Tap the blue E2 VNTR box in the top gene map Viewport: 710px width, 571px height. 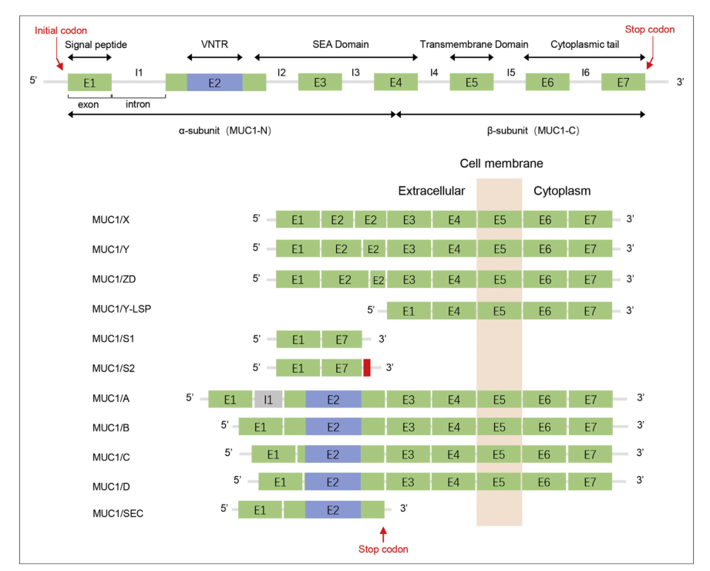214,82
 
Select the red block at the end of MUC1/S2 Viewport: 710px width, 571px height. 367,367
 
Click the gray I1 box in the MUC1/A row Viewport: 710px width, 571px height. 268,399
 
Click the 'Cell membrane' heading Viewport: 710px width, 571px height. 501,164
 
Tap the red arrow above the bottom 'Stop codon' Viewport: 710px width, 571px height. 383,532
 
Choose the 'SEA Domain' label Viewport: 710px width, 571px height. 341,45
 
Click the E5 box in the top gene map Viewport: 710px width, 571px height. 472,82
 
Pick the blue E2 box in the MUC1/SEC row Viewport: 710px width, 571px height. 333,510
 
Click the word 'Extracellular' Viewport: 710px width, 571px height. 431,191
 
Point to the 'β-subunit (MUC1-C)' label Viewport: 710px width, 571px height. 533,130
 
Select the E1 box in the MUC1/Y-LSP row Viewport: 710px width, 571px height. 409,311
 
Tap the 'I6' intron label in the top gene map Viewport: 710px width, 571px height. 586,72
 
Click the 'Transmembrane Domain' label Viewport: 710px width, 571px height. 474,45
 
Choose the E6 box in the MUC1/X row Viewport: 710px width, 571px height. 545,220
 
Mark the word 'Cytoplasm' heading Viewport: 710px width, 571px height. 562,191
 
